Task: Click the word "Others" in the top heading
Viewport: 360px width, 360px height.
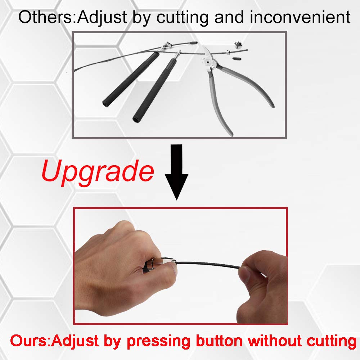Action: (45, 17)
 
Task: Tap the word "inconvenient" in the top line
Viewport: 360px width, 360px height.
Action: (300, 17)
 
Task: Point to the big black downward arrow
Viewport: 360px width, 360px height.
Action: (176, 172)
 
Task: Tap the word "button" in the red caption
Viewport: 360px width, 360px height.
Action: (219, 341)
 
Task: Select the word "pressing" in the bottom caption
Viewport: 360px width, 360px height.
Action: (158, 342)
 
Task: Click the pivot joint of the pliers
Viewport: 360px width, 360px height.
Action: (208, 62)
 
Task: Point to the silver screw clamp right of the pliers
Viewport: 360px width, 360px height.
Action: (238, 44)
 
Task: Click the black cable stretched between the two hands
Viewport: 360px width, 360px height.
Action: (208, 264)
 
